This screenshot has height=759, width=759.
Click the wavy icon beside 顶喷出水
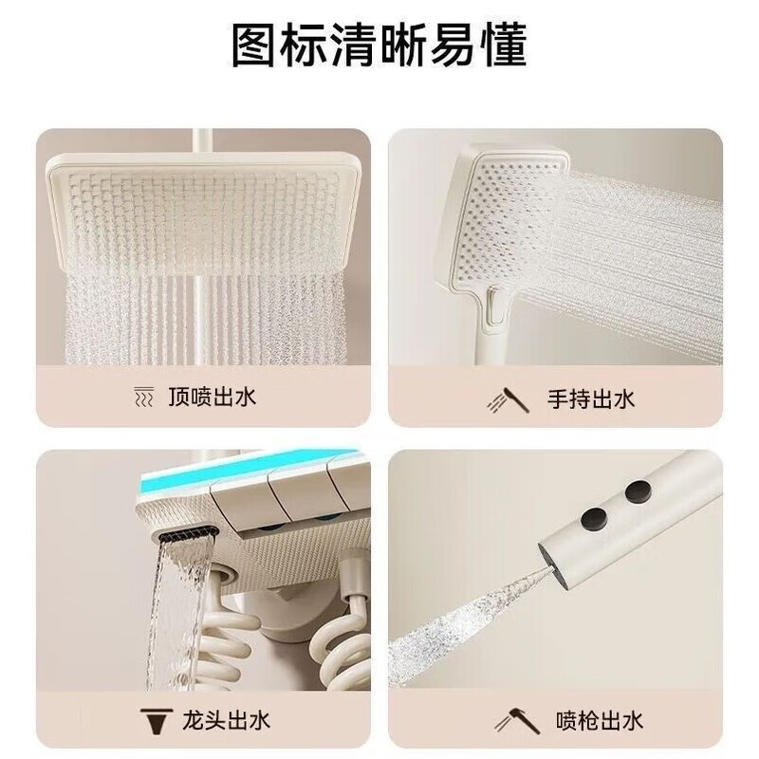click(x=142, y=397)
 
